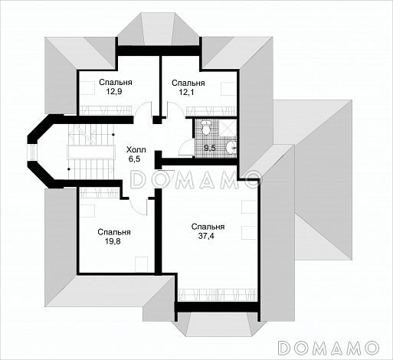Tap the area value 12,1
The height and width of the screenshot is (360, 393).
pyautogui.click(x=186, y=92)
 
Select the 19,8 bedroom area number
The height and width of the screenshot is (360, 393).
pyautogui.click(x=113, y=241)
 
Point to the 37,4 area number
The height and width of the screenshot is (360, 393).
pyautogui.click(x=206, y=236)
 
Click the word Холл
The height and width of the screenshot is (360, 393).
pyautogui.click(x=136, y=149)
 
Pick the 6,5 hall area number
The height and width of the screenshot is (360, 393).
pyautogui.click(x=134, y=159)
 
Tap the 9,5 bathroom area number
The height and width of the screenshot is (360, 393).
pyautogui.click(x=210, y=148)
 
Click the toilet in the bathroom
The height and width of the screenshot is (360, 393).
pyautogui.click(x=206, y=128)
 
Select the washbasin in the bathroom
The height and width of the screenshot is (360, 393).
pyautogui.click(x=231, y=148)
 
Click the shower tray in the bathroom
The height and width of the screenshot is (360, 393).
pyautogui.click(x=228, y=127)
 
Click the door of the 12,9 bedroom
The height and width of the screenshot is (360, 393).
pyautogui.click(x=143, y=110)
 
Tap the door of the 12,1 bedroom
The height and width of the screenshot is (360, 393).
pyautogui.click(x=175, y=110)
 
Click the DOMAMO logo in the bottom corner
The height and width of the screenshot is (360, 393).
pyautogui.click(x=328, y=348)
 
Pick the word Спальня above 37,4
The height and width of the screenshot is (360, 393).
pyautogui.click(x=208, y=227)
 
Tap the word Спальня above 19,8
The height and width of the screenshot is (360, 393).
pyautogui.click(x=114, y=232)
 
